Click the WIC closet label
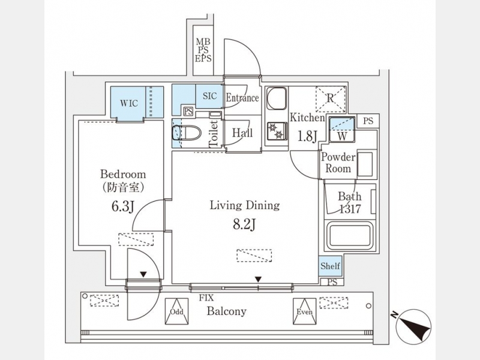[129, 103]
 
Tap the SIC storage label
[209, 96]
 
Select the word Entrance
[242, 98]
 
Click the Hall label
[242, 133]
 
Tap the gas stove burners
[277, 131]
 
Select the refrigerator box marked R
[330, 98]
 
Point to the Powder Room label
[338, 163]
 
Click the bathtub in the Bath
[350, 236]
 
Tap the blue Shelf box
[330, 266]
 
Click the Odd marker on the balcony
[176, 308]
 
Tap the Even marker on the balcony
[304, 308]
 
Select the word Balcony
[227, 311]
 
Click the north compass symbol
[412, 326]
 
